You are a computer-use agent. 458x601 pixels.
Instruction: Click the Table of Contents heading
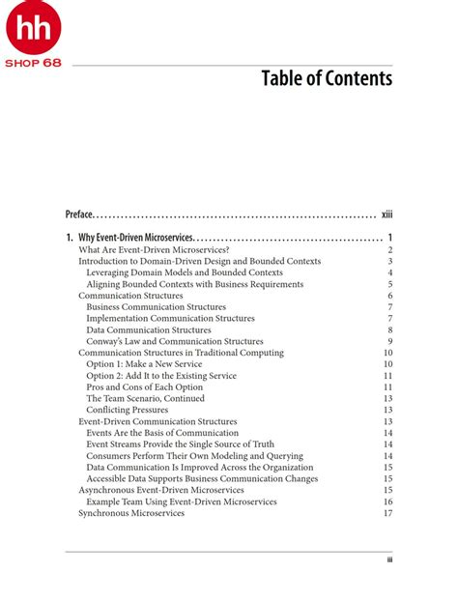click(327, 78)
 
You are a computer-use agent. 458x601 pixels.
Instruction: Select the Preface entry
click(80, 214)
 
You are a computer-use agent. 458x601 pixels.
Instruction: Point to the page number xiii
click(386, 214)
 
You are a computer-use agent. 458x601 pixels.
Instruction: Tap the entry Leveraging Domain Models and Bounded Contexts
click(185, 272)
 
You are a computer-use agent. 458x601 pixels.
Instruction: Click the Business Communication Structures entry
click(156, 306)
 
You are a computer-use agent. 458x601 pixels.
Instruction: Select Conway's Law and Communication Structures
click(174, 341)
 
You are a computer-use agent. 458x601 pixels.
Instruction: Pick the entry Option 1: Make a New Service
click(144, 364)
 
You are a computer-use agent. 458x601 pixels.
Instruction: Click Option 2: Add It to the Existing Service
click(160, 376)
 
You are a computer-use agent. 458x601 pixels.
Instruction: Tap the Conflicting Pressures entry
click(127, 410)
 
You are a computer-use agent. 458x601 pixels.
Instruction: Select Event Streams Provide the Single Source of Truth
click(180, 444)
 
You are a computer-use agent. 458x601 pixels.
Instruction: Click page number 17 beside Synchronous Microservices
click(387, 513)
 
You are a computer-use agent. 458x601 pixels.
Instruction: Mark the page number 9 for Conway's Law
click(389, 341)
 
